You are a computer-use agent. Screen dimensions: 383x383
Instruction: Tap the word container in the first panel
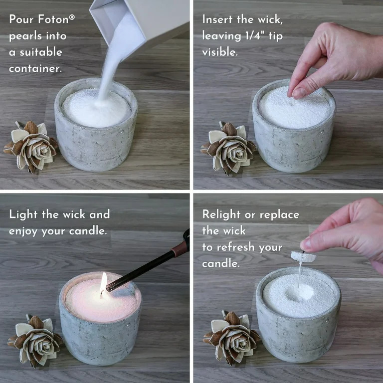[x=35, y=68]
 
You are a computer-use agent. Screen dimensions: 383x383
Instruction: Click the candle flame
[x=104, y=283]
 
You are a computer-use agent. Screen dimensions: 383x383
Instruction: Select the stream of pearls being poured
[x=112, y=65]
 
